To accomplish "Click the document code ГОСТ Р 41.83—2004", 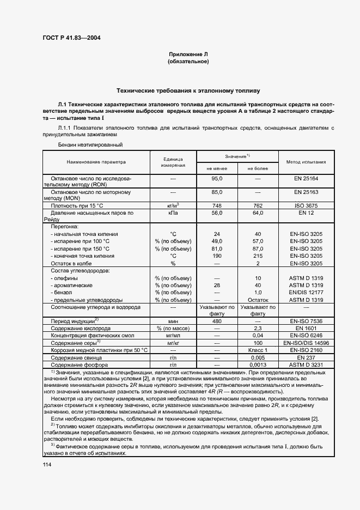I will point(71,38).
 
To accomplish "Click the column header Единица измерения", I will point(173,162).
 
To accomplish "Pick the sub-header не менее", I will point(216,168).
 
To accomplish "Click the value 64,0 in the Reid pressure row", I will point(258,213).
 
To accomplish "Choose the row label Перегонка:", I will point(65,226).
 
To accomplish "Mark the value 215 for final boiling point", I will point(258,256).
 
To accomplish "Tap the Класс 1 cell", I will point(258,350).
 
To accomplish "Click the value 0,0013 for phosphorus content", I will point(258,365).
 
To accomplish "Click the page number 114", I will point(47,464).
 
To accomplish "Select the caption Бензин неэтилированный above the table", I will point(90,145).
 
